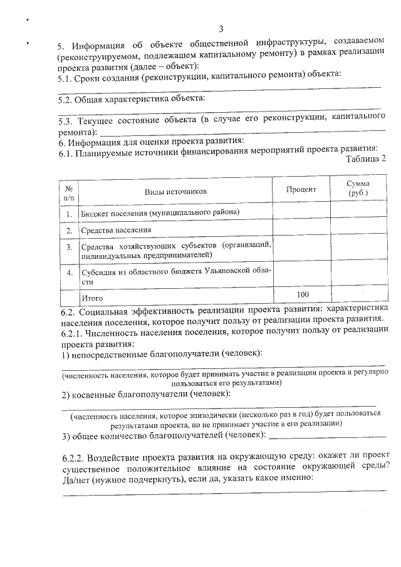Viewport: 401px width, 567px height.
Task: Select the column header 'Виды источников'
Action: [175, 191]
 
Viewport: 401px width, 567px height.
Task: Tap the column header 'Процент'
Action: [301, 189]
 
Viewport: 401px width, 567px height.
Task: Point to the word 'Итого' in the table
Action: [92, 298]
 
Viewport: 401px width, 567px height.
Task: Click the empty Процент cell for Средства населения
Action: [301, 230]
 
